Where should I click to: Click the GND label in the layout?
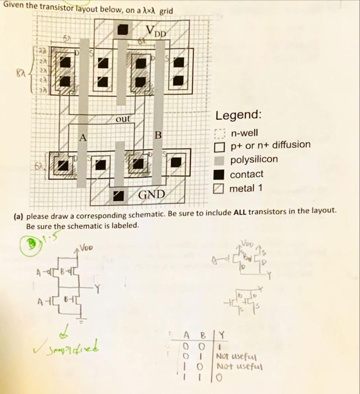(x=151, y=195)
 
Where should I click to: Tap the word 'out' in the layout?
(x=122, y=119)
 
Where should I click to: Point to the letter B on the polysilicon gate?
(x=157, y=135)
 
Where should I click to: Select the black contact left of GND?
(x=119, y=195)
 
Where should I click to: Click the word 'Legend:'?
(x=238, y=115)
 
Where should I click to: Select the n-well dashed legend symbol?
(x=219, y=134)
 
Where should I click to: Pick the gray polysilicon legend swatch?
(x=219, y=160)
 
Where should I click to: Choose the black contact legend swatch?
(x=219, y=174)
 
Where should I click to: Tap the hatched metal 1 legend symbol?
(x=219, y=189)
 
